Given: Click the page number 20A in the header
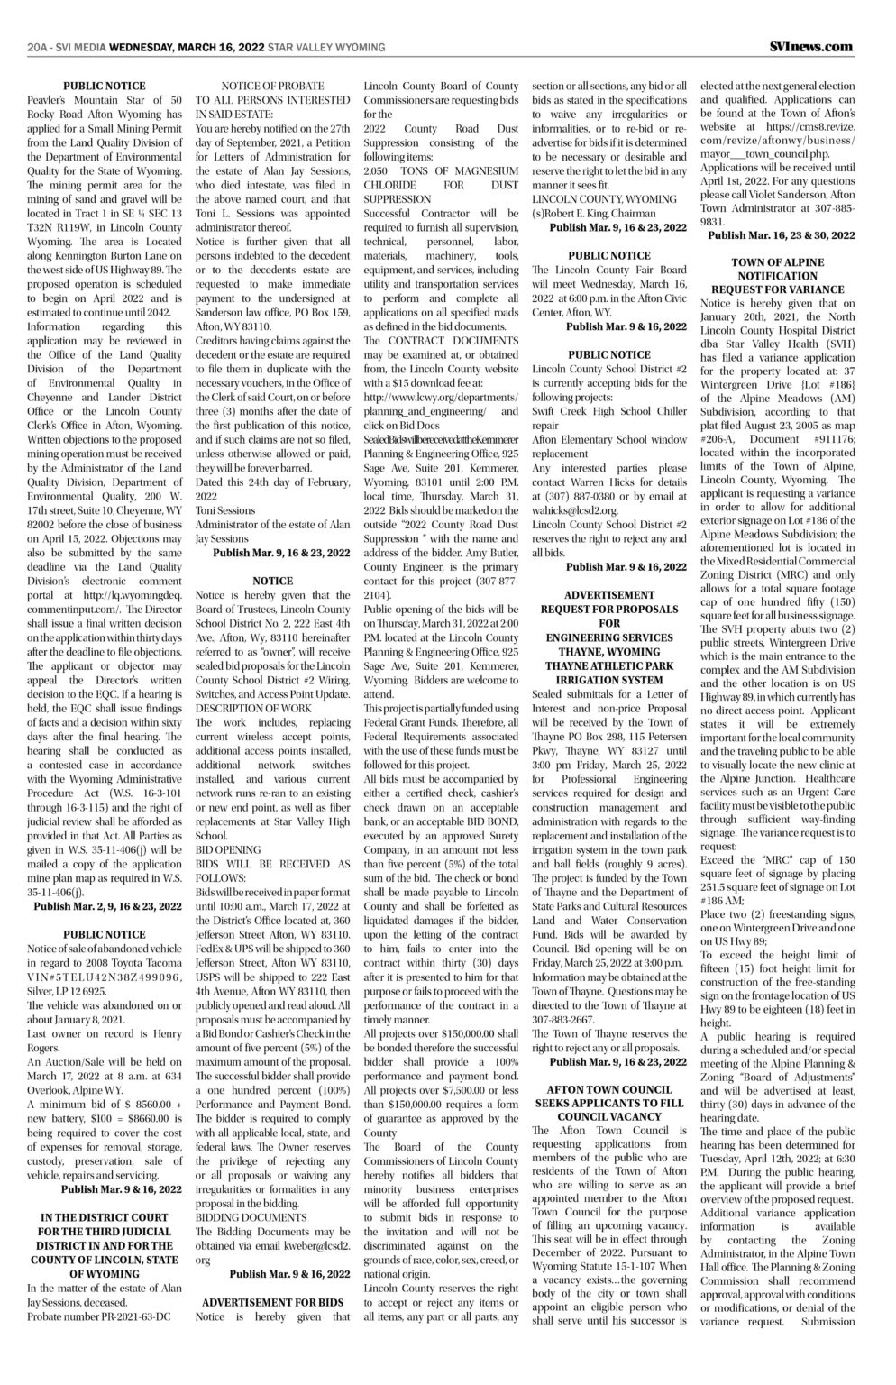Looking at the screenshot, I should (x=41, y=47).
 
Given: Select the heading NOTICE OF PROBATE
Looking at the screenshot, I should (x=274, y=86).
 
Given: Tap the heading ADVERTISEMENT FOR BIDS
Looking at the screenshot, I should (x=273, y=1302).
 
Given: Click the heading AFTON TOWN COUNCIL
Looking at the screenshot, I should (x=609, y=1088).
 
